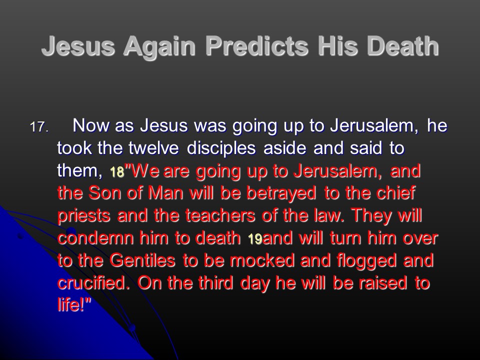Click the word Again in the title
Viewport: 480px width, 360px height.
[159, 46]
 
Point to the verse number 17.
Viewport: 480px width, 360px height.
[39, 126]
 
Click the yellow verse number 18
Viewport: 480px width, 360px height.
[117, 172]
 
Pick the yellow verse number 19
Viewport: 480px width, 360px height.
[254, 239]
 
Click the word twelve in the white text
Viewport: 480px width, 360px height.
[153, 148]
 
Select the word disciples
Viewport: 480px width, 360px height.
[221, 149]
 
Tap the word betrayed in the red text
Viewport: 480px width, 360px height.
[281, 194]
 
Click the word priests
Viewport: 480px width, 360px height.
[83, 216]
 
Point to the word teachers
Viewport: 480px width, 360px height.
[220, 215]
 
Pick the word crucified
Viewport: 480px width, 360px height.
[91, 283]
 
